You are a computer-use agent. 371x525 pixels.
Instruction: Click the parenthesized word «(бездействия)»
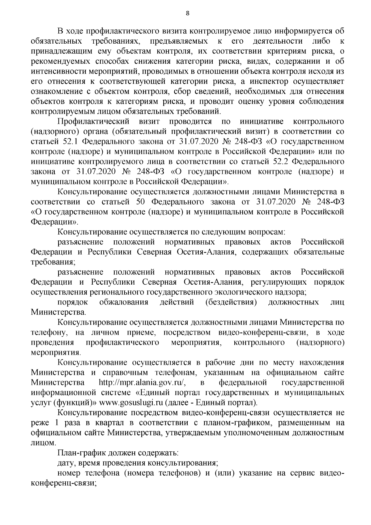pos(231,302)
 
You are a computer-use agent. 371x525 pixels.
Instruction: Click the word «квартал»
pos(121,423)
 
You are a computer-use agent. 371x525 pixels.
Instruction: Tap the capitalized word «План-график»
pos(80,453)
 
